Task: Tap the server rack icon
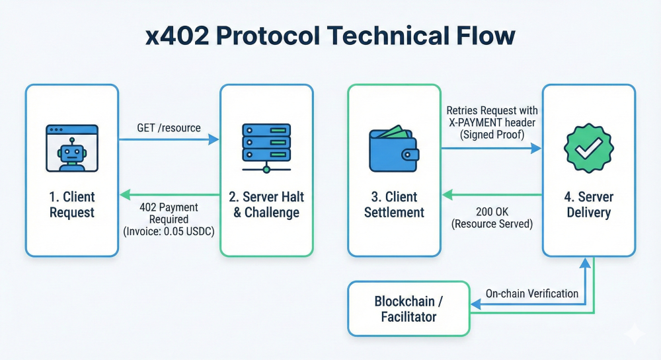pyautogui.click(x=266, y=148)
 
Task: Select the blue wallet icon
pyautogui.click(x=394, y=149)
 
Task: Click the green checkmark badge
pyautogui.click(x=588, y=148)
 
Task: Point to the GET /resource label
pyautogui.click(x=169, y=127)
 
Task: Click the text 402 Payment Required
pyautogui.click(x=169, y=213)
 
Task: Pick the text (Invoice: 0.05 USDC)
pyautogui.click(x=169, y=231)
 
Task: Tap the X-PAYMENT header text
pyautogui.click(x=492, y=122)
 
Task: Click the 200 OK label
pyautogui.click(x=492, y=211)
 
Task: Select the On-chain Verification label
pyautogui.click(x=532, y=293)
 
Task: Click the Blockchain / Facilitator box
pyautogui.click(x=408, y=308)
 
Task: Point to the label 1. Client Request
pyautogui.click(x=72, y=205)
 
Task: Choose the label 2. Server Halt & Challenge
pyautogui.click(x=266, y=205)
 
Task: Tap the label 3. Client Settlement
pyautogui.click(x=394, y=205)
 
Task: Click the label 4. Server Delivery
pyautogui.click(x=589, y=205)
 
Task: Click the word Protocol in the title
pyautogui.click(x=268, y=36)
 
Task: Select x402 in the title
pyautogui.click(x=177, y=36)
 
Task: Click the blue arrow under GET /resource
pyautogui.click(x=169, y=139)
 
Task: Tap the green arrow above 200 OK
pyautogui.click(x=492, y=194)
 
